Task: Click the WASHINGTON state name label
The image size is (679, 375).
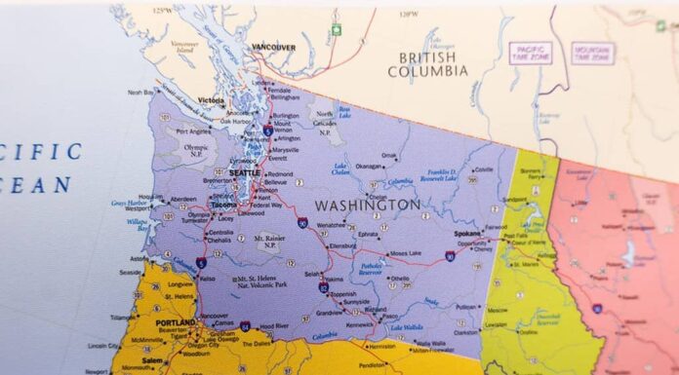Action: click(368, 206)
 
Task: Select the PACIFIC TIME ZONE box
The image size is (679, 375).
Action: click(529, 53)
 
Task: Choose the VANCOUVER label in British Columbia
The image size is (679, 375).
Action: click(273, 47)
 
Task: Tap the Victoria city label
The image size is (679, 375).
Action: click(210, 100)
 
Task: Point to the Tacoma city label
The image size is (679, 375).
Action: click(224, 206)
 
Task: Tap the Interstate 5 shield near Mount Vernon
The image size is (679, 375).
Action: click(267, 130)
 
